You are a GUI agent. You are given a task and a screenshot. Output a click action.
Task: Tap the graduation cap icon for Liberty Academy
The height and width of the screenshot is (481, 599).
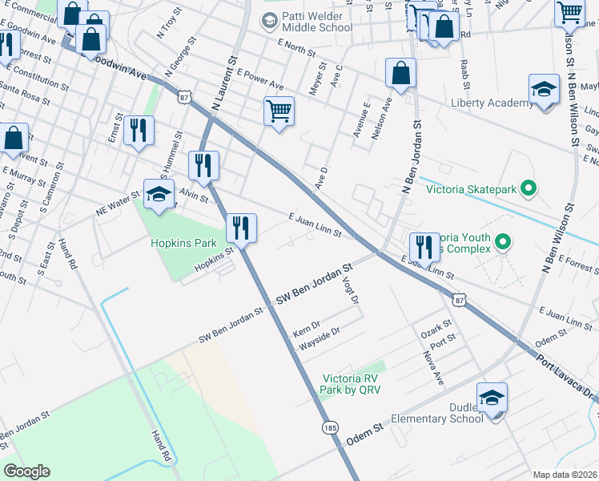[544, 90]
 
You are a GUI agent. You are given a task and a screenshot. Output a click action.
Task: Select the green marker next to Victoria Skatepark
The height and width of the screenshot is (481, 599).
[528, 189]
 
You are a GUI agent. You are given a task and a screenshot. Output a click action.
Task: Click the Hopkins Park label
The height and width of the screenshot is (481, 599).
[183, 243]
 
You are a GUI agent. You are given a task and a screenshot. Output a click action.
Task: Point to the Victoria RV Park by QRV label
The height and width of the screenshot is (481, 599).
[350, 384]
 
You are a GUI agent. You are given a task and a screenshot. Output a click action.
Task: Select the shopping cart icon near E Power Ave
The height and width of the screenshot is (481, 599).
[279, 111]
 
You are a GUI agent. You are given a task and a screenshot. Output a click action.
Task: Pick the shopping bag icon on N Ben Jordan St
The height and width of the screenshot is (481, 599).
[400, 73]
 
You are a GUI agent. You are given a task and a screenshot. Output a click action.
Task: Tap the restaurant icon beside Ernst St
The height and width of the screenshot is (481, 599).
[139, 131]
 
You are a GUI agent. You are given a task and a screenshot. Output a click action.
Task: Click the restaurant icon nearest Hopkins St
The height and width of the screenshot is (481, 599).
[241, 228]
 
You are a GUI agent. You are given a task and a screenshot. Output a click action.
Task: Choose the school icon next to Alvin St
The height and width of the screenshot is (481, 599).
[159, 193]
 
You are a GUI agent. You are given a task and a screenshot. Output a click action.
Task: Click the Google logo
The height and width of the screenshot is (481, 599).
[26, 471]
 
